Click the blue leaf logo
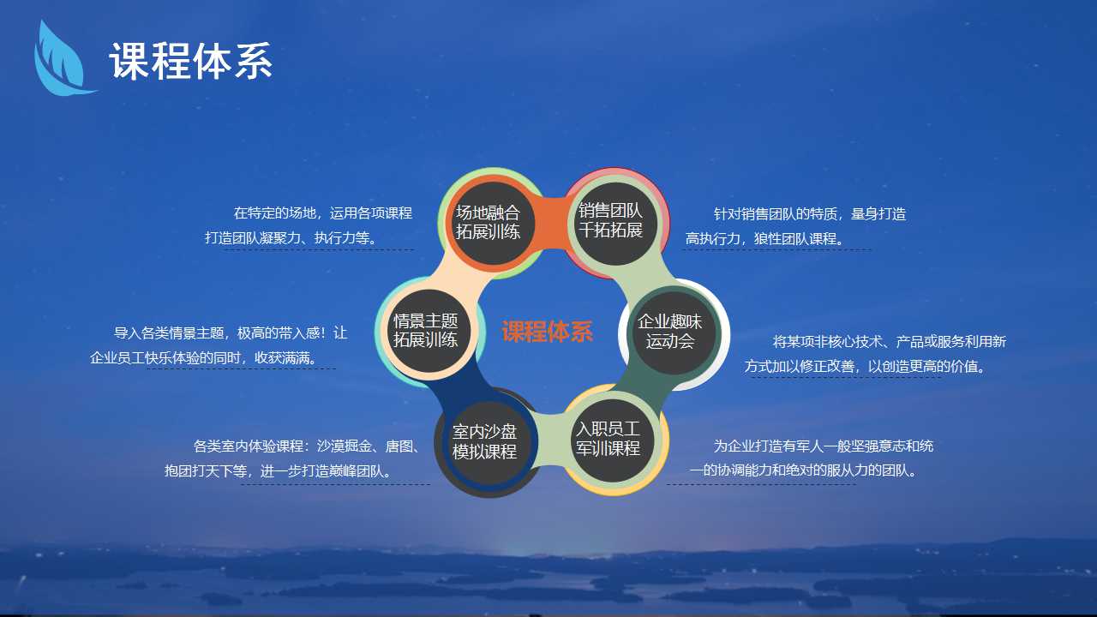[x=61, y=61]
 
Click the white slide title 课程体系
[x=191, y=61]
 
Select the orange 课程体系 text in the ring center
[x=548, y=332]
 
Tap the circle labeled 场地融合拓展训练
[x=488, y=224]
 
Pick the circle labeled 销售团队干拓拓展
[x=611, y=224]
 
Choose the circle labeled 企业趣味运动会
[x=670, y=333]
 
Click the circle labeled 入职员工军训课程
[x=608, y=440]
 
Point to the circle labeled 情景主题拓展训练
[x=426, y=331]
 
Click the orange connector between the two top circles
[x=549, y=223]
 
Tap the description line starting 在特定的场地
[x=323, y=213]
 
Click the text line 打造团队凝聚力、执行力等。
[x=292, y=238]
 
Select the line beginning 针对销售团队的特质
[x=810, y=214]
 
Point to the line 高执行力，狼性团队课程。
[x=766, y=239]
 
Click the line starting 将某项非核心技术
[x=890, y=342]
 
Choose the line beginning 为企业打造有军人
[x=824, y=446]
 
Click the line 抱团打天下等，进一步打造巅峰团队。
[x=279, y=471]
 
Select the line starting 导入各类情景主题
[x=231, y=333]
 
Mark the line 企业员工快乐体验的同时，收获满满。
[x=205, y=358]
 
